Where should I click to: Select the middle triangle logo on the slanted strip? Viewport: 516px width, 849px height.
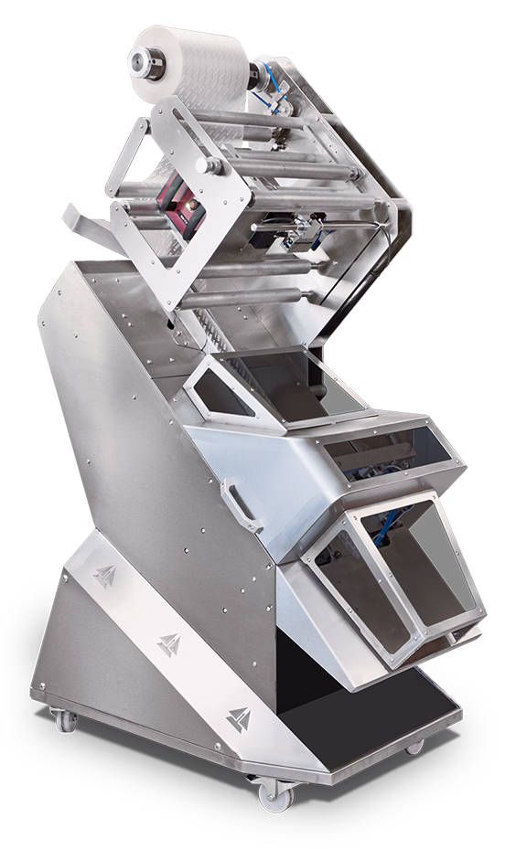(x=167, y=644)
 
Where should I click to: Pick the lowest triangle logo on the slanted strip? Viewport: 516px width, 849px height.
(x=238, y=719)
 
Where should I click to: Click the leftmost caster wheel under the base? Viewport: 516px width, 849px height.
(x=65, y=721)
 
